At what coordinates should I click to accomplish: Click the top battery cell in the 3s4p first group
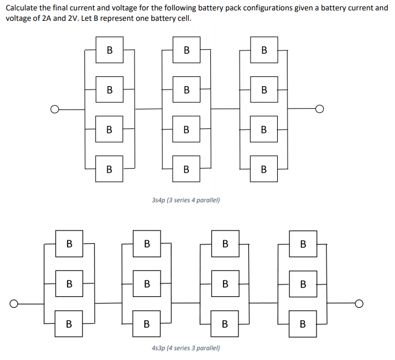click(x=109, y=50)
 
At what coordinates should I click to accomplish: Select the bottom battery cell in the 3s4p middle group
click(x=187, y=169)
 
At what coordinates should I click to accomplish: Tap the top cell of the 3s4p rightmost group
click(x=264, y=50)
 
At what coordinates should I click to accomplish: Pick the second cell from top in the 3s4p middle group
click(x=187, y=90)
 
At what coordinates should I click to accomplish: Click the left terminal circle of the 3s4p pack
click(x=55, y=109)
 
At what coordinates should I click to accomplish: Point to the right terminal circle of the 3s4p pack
click(x=320, y=109)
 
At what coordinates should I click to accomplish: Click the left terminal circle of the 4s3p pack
click(x=14, y=303)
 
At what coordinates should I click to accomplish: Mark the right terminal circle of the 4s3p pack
click(x=360, y=303)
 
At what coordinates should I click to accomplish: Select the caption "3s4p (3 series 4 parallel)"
click(x=185, y=200)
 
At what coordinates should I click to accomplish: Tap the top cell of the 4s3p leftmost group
click(x=69, y=244)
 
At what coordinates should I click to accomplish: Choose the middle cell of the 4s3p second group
click(x=147, y=284)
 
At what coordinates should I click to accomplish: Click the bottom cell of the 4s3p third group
click(x=225, y=323)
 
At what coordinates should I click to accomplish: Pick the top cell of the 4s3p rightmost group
click(x=303, y=244)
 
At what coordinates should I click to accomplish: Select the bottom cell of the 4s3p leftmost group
click(x=69, y=323)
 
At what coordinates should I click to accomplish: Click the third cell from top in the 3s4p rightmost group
click(x=264, y=129)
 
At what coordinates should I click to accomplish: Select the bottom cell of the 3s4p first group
click(x=109, y=169)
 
